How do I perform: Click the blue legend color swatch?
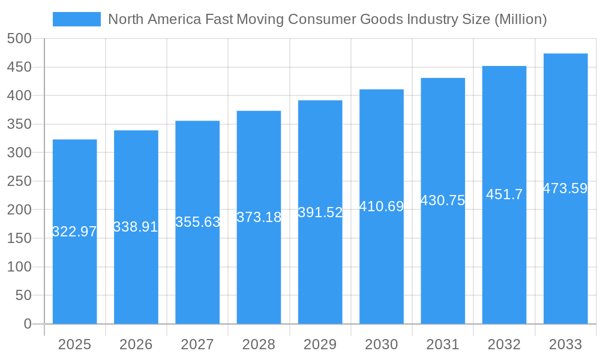[x=77, y=19]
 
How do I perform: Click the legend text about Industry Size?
[x=327, y=19]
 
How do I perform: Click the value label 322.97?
[x=75, y=232]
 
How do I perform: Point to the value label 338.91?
[x=136, y=227]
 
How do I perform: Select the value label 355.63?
[x=197, y=222]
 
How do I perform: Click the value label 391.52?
[x=320, y=212]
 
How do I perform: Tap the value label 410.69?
[x=382, y=206]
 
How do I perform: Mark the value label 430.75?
[x=443, y=201]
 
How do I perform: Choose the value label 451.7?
[x=504, y=194]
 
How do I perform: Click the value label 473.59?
[x=565, y=188]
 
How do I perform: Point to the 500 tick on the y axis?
[x=19, y=38]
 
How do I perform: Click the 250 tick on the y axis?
[x=19, y=181]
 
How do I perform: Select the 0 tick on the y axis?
[x=28, y=324]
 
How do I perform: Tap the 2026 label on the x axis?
[x=136, y=344]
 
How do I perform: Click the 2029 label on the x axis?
[x=320, y=344]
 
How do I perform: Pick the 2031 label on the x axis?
[x=443, y=344]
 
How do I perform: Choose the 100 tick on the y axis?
[x=19, y=267]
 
